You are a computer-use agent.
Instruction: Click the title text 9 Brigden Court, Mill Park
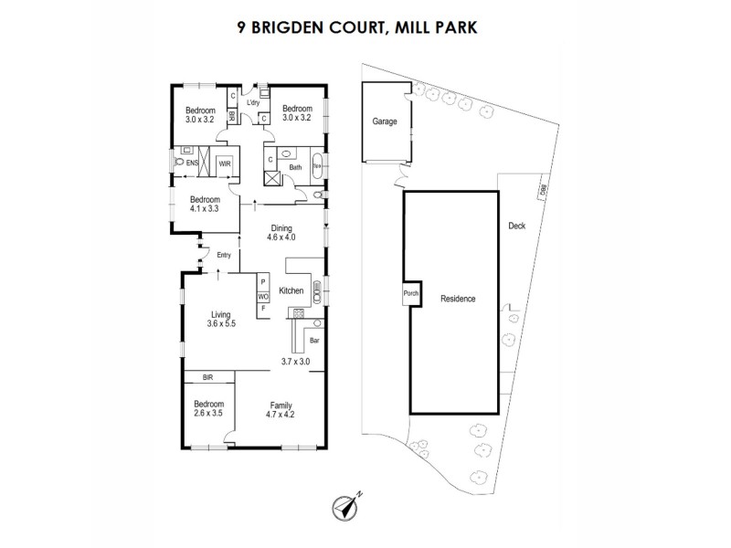365,27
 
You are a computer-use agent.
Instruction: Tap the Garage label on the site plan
384,121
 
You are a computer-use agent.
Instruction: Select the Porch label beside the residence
410,294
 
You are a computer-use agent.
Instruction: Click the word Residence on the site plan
458,299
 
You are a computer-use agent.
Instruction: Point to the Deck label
516,226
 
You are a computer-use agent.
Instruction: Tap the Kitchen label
291,291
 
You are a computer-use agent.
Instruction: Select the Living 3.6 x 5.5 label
222,318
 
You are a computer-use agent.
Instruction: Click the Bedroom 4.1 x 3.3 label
205,204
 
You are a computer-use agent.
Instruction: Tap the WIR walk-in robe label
224,163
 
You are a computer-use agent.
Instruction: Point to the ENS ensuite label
193,163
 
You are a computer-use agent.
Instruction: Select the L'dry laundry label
253,103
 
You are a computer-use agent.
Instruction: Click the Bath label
295,168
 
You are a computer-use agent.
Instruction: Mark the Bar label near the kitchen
313,340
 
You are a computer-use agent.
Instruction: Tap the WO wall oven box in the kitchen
262,296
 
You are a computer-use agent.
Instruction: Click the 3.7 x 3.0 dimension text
296,362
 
